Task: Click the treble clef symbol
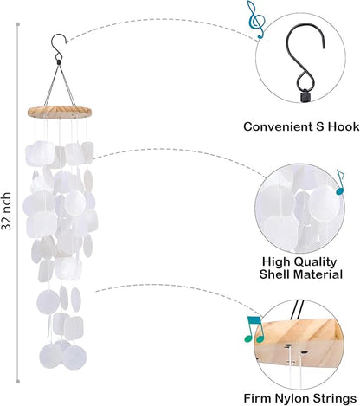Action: pyautogui.click(x=255, y=19)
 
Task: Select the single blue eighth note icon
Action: pyautogui.click(x=340, y=182)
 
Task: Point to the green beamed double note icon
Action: pyautogui.click(x=254, y=329)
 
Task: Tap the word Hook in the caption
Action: pyautogui.click(x=344, y=126)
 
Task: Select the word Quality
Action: pyautogui.click(x=315, y=262)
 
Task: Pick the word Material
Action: pyautogui.click(x=318, y=274)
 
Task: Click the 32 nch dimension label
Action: pyautogui.click(x=6, y=211)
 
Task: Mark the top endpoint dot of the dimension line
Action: pyautogui.click(x=18, y=24)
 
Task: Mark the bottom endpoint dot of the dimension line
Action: pyautogui.click(x=18, y=382)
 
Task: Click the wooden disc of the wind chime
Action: pyautogui.click(x=60, y=112)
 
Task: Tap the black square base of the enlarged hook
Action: pyautogui.click(x=305, y=97)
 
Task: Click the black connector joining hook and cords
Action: pyautogui.click(x=59, y=62)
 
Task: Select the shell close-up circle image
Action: pyautogui.click(x=300, y=209)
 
